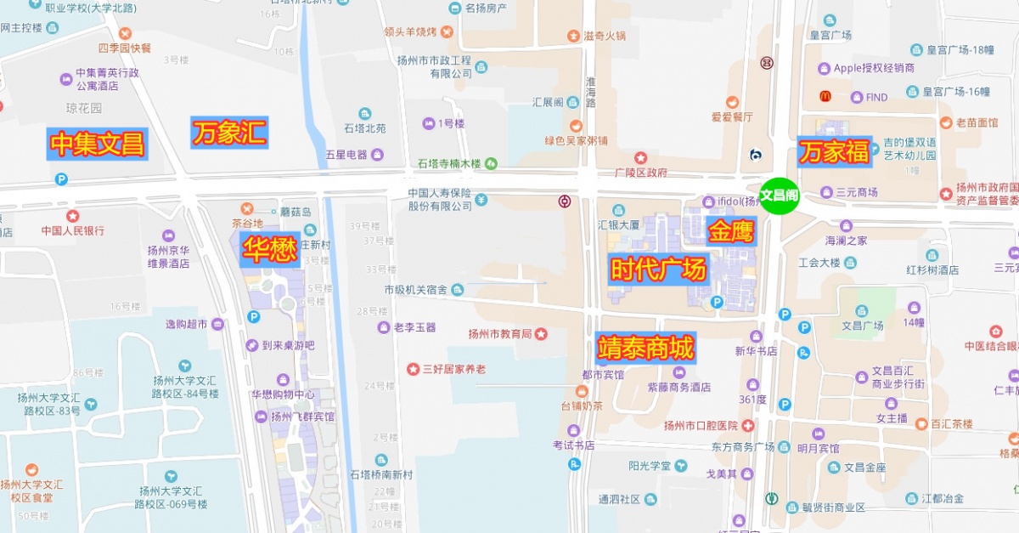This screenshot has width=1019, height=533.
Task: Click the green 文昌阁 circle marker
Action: (x=779, y=196)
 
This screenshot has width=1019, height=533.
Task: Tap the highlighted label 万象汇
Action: (x=229, y=133)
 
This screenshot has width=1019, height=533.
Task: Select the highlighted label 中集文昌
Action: (x=97, y=145)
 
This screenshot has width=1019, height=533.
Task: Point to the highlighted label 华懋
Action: (x=270, y=249)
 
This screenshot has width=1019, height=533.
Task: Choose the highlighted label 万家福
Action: (x=833, y=152)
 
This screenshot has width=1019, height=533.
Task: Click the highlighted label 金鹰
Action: (x=730, y=230)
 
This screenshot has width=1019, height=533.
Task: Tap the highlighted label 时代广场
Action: (x=658, y=269)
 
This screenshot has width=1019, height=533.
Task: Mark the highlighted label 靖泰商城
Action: (x=645, y=348)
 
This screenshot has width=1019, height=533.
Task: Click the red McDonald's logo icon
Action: (x=824, y=97)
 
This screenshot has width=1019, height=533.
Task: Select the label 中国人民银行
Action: (x=73, y=230)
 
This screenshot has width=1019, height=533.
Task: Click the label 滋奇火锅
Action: (x=604, y=36)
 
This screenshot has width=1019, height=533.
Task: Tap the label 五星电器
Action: (x=346, y=155)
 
